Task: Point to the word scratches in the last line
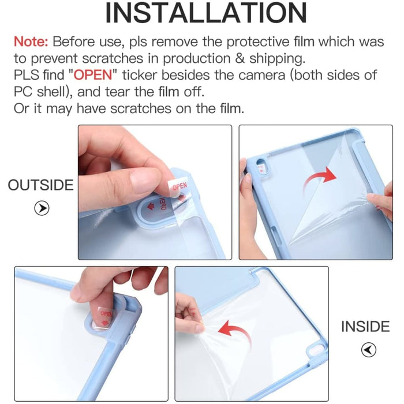point(154,109)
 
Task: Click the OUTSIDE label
point(40,185)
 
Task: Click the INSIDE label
point(365,327)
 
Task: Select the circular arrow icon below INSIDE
point(368,350)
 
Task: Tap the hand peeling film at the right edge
point(380,202)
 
